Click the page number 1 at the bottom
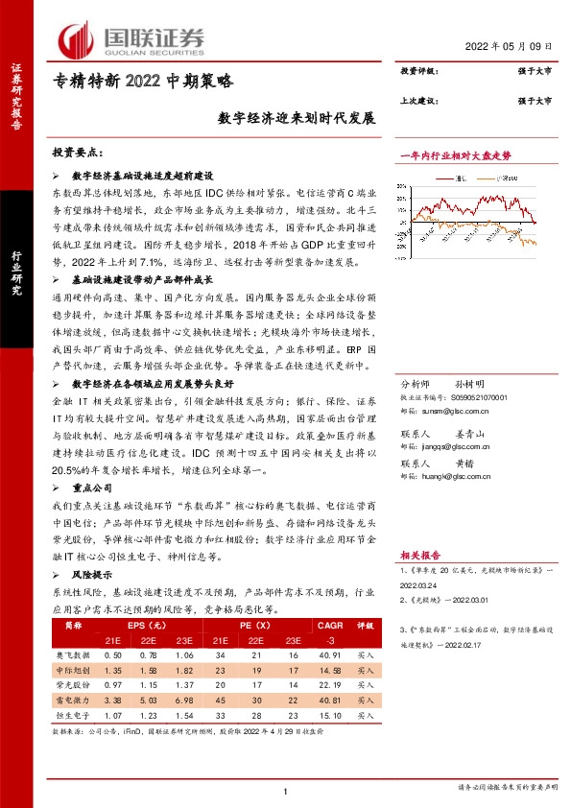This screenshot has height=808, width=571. click(x=286, y=789)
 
